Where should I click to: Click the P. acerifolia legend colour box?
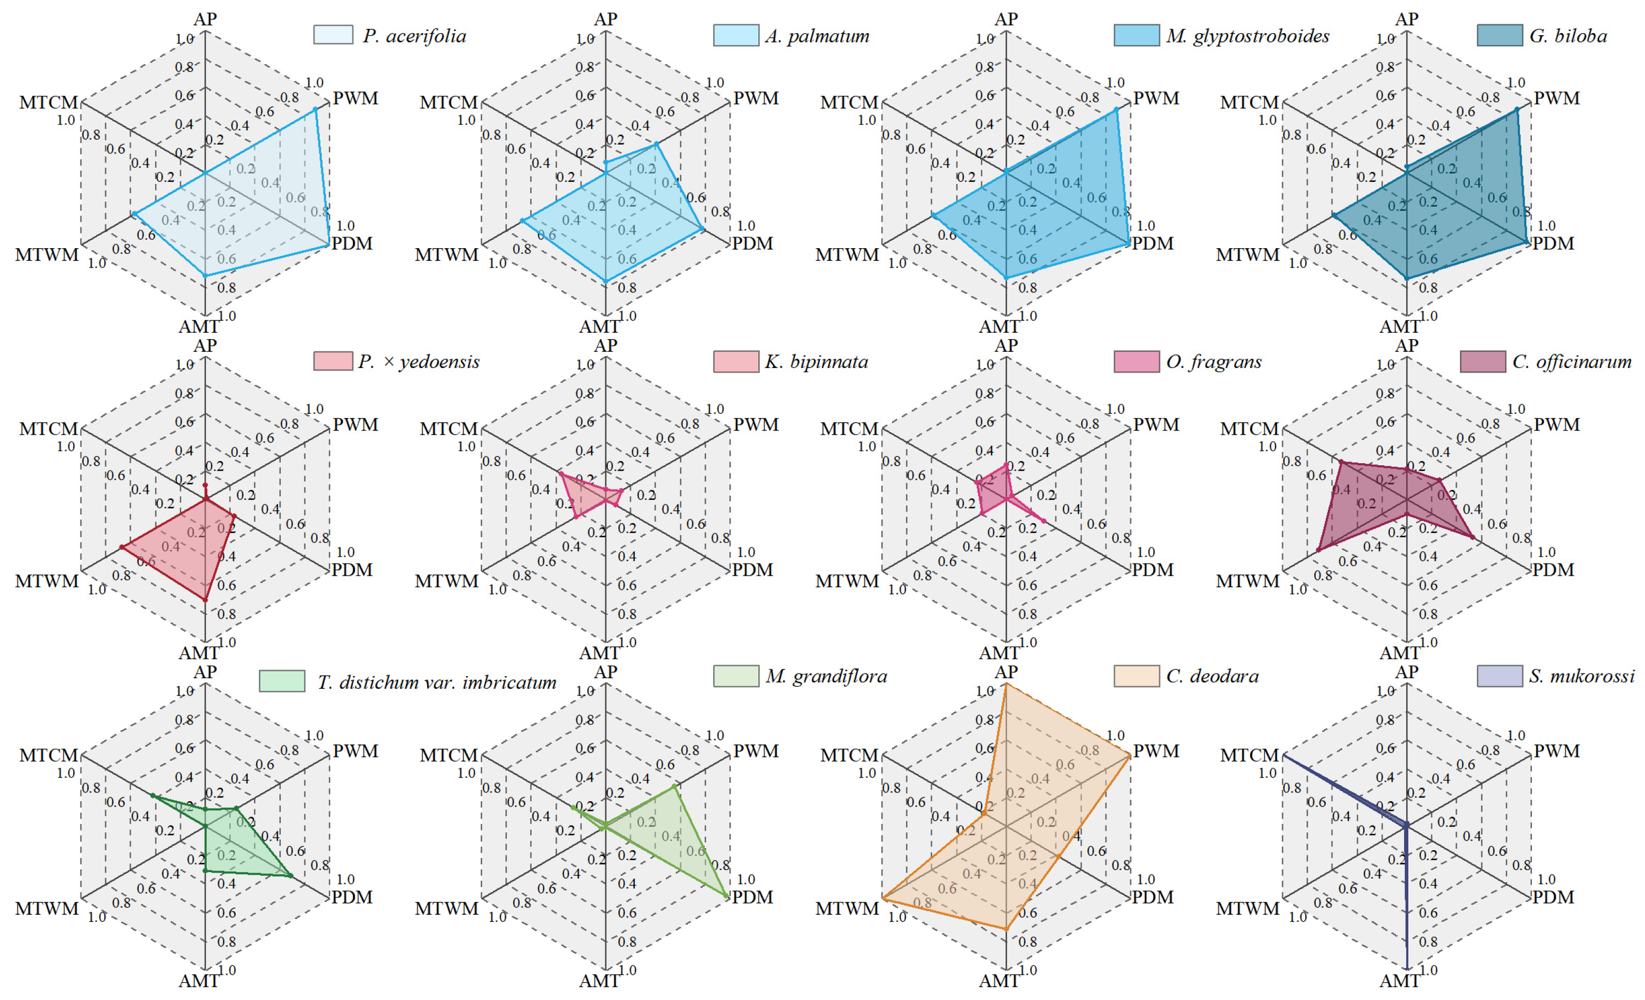point(333,35)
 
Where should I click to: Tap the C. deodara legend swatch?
point(1136,676)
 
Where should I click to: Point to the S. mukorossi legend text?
point(1581,676)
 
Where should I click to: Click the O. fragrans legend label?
point(1214,362)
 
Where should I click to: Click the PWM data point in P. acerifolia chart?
point(316,109)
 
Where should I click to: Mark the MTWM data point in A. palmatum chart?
point(522,220)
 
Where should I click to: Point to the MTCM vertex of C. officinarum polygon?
point(1341,461)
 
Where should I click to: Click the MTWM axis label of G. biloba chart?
point(1247,255)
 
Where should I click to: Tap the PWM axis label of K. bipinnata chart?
point(756,425)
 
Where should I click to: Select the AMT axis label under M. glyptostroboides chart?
point(999,326)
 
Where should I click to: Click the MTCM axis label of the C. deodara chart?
point(849,755)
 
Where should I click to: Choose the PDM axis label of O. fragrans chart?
point(1152,570)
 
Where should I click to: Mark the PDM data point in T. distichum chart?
point(290,875)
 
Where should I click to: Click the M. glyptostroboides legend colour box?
point(1136,35)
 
